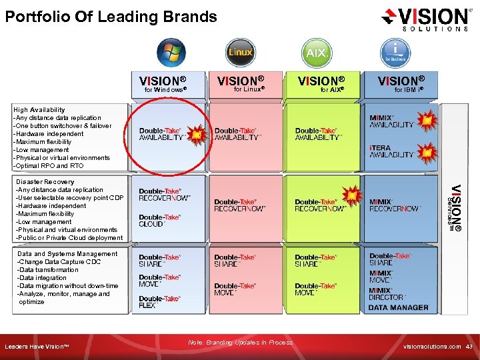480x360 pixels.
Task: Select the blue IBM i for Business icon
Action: pos(395,51)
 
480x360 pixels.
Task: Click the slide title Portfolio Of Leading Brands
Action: pos(111,17)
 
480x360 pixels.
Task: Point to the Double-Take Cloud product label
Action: pos(160,221)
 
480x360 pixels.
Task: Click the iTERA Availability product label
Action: pos(392,151)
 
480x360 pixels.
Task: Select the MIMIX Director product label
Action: pos(388,294)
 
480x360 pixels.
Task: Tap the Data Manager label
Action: pos(399,307)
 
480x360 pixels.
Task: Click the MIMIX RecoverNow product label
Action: pos(395,205)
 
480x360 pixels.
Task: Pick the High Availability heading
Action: pos(39,109)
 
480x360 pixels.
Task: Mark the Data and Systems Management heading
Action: pos(67,254)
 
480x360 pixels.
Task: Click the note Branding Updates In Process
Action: pos(240,342)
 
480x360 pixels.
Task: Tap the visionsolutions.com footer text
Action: pos(431,347)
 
